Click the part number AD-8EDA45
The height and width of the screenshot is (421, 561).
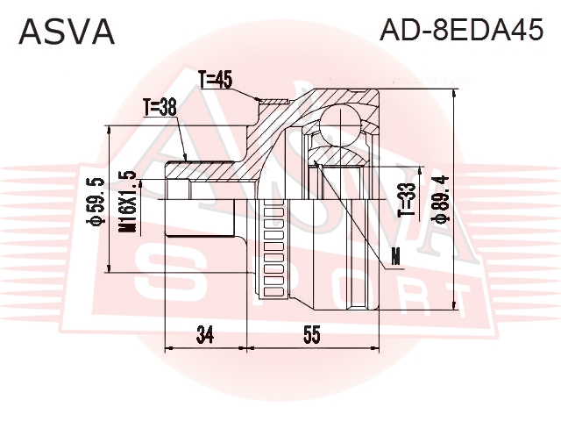coord(461,30)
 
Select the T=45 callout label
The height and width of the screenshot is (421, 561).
coord(216,79)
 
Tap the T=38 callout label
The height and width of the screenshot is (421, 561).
coord(160,107)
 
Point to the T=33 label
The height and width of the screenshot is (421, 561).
coord(408,200)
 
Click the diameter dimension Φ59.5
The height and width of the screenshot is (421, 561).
coord(96,202)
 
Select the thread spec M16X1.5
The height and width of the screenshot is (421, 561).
coord(127,202)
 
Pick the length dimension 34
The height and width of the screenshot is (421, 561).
coord(205,335)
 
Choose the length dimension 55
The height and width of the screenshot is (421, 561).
coord(312,335)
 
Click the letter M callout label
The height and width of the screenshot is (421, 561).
coord(395,256)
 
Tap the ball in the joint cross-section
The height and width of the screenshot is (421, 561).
coord(340,125)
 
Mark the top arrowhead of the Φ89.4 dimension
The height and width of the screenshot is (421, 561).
coord(454,94)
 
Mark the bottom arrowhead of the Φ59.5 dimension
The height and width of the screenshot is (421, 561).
coord(109,268)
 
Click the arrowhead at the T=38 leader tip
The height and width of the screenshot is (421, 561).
coord(185,157)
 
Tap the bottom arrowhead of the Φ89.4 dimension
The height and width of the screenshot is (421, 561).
coord(454,304)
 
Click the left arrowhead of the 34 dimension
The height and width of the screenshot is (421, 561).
coord(169,347)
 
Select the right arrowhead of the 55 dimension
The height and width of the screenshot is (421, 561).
coord(374,347)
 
